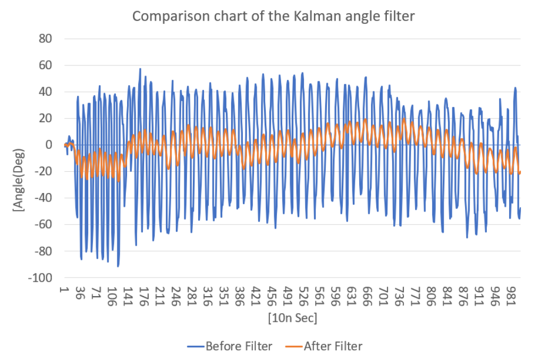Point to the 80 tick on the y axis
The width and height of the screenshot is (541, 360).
[51, 39]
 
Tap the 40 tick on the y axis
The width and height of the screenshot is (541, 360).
[51, 92]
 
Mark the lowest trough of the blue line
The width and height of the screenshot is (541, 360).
[118, 266]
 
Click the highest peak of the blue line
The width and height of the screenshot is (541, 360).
[140, 69]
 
